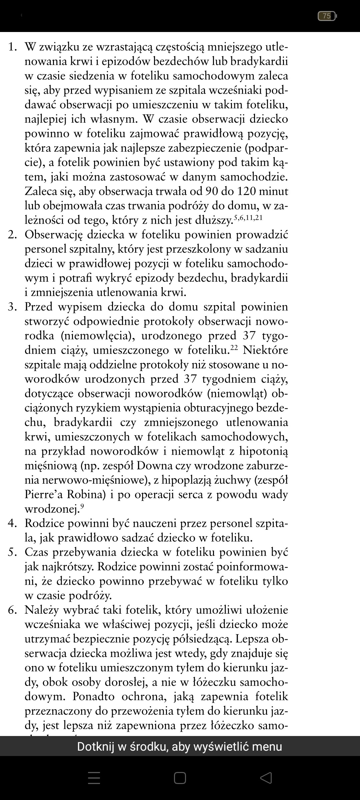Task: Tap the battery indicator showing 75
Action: (x=327, y=16)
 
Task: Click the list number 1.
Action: (x=12, y=47)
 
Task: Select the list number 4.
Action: (x=12, y=524)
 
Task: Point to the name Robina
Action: (x=86, y=494)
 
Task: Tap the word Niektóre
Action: (x=265, y=350)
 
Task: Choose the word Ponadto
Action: (x=94, y=697)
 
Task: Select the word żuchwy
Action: (x=233, y=480)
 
